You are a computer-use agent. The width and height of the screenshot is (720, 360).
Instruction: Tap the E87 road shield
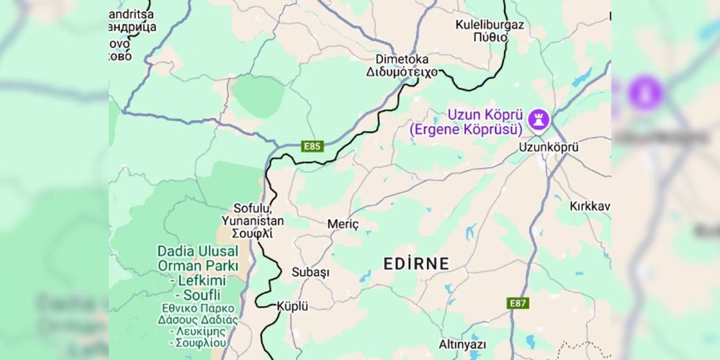click(517, 303)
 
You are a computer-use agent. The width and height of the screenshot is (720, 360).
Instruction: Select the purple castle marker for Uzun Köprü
click(538, 119)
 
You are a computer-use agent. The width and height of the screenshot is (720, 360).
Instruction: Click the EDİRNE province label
click(416, 263)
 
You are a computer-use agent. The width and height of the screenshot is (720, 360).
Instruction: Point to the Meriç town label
click(343, 224)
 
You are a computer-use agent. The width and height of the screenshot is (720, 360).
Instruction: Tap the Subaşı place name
click(310, 272)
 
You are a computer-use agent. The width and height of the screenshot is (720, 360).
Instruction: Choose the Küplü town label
click(292, 307)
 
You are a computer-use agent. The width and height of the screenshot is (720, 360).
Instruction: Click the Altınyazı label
click(462, 344)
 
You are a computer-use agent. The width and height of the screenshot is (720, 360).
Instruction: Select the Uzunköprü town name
click(540, 147)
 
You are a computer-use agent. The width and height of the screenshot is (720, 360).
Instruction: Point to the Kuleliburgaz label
click(489, 25)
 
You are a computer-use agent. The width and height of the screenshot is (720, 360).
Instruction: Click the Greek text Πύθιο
click(490, 38)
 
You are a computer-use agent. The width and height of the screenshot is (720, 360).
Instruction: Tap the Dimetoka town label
click(402, 59)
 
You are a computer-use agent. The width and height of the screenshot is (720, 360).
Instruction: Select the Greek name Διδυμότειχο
click(402, 72)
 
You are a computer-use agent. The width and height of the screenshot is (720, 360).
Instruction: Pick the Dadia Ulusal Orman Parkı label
click(198, 258)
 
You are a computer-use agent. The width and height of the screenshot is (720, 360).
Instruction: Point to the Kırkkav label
click(589, 206)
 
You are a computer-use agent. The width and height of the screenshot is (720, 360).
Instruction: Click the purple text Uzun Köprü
click(484, 115)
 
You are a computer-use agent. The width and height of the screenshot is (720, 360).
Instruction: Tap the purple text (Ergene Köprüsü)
click(466, 129)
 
